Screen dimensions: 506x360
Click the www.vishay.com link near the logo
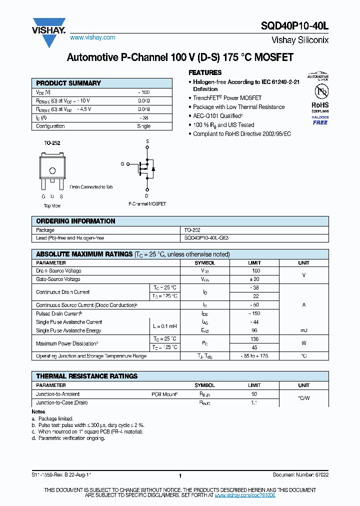pos(92,37)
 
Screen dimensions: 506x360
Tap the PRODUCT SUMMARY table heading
pos(68,83)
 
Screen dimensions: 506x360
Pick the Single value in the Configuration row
pos(144,126)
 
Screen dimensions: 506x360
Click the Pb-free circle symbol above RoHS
pos(320,91)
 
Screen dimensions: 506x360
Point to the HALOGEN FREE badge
pos(320,119)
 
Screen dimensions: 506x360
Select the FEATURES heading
pos(205,72)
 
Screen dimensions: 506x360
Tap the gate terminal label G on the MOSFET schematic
pos(122,163)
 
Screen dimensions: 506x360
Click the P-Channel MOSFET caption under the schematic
pos(147,204)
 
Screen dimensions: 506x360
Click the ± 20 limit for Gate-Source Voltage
pos(254,279)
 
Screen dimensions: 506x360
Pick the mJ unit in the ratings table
pos(303,330)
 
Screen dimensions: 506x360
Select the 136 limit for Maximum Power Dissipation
pos(254,339)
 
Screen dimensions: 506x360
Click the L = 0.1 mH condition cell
pos(164,326)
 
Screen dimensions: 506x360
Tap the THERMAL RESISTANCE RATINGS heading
pos(86,376)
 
